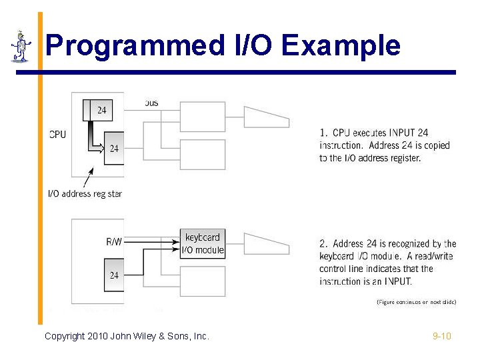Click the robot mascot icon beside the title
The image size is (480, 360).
(21, 47)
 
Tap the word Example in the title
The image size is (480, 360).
(341, 45)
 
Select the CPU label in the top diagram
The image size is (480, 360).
(58, 134)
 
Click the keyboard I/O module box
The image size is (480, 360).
(203, 243)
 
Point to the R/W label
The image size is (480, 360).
(114, 241)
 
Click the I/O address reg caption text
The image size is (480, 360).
(85, 194)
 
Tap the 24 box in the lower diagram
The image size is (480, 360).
(114, 275)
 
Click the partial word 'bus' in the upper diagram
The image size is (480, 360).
(151, 103)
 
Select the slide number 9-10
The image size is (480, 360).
(441, 336)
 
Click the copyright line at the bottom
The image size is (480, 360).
(127, 336)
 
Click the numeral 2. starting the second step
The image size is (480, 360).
(323, 244)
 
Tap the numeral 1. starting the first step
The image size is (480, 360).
(323, 133)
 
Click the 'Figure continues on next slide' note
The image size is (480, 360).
(416, 302)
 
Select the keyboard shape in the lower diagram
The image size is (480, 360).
(266, 243)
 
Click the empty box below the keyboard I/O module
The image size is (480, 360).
(203, 280)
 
